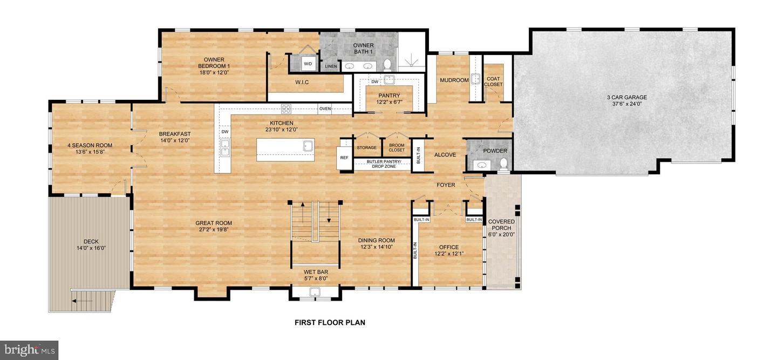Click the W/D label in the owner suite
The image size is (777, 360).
point(308,64)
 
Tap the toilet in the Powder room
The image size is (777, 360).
point(504,163)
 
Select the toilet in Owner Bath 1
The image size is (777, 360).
point(386,65)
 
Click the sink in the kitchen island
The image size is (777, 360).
point(308,145)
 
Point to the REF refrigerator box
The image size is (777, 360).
point(344,158)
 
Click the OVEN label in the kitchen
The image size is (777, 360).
point(325,109)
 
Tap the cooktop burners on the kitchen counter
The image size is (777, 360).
point(287,108)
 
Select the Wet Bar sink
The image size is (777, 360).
point(315,293)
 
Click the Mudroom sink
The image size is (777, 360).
point(475,79)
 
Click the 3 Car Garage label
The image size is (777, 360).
point(626,98)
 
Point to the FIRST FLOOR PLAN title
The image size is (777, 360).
point(330,323)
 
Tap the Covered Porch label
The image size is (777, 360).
point(501,225)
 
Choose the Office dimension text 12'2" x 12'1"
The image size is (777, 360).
point(448,254)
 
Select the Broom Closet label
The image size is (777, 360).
point(397,147)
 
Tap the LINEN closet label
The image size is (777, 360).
point(331,66)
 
